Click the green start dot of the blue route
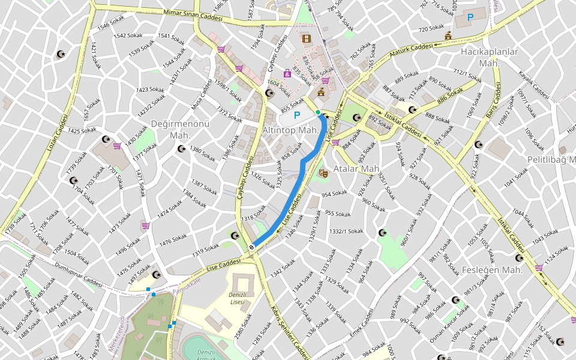pyautogui.click(x=318, y=112)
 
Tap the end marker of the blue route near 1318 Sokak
pyautogui.click(x=252, y=247)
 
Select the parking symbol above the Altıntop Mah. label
pyautogui.click(x=296, y=113)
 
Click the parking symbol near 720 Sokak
pyautogui.click(x=470, y=18)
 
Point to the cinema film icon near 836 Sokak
pyautogui.click(x=307, y=40)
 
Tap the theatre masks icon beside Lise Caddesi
pyautogui.click(x=323, y=173)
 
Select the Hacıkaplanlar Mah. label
pyautogui.click(x=489, y=57)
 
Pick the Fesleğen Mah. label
pyautogui.click(x=493, y=270)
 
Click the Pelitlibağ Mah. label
pyautogui.click(x=551, y=160)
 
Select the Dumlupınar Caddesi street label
pyautogui.click(x=78, y=273)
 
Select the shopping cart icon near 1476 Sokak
pyautogui.click(x=146, y=226)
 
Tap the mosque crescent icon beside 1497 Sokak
pyautogui.click(x=157, y=275)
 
